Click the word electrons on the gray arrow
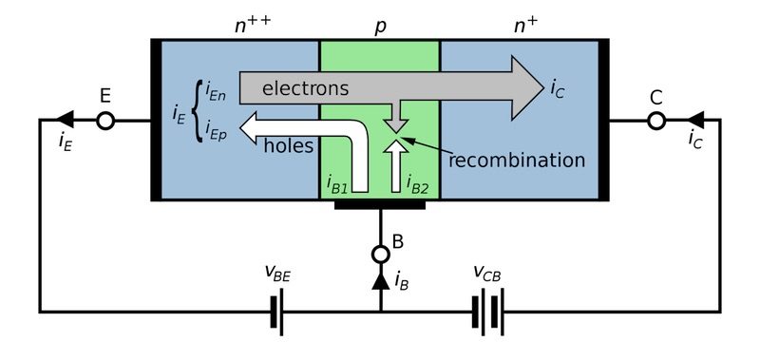tap(307, 88)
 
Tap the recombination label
tap(517, 160)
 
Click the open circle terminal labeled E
tap(105, 121)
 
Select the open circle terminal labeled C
tap(655, 121)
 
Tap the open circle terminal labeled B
tap(380, 255)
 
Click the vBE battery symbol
tap(277, 312)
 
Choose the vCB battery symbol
tap(487, 312)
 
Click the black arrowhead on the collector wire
tap(694, 121)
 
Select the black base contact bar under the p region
tap(380, 203)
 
